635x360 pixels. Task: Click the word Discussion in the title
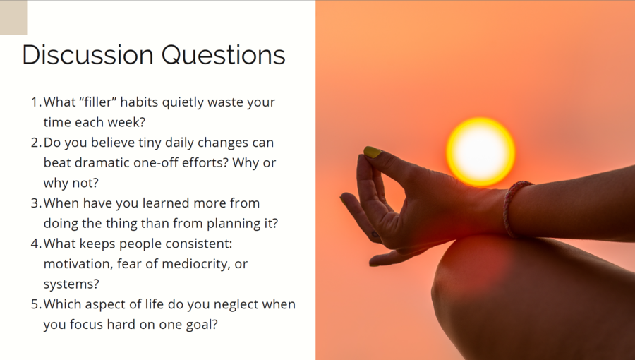pos(88,54)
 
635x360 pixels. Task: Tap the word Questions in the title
pos(224,55)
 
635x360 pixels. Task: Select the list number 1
pos(36,102)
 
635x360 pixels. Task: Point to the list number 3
pos(36,203)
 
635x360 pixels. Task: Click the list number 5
pos(36,304)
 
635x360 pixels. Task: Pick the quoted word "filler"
pos(98,102)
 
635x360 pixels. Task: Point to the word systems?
pos(71,284)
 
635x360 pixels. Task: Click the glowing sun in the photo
pos(480,152)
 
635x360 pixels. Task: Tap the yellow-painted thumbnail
pos(373,152)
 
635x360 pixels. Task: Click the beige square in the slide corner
pos(13,18)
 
